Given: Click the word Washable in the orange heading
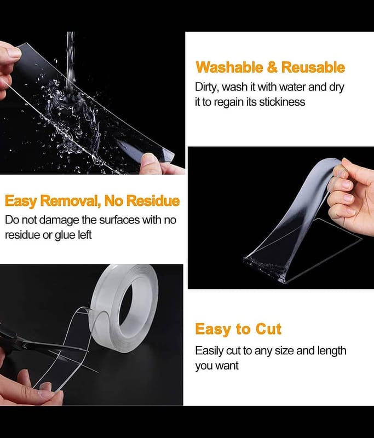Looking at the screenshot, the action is (x=229, y=67).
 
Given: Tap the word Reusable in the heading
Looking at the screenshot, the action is (x=313, y=67).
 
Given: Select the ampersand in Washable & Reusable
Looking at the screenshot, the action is (x=272, y=67).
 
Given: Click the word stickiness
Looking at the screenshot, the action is (x=282, y=102).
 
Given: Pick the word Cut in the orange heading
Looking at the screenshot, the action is (x=268, y=329).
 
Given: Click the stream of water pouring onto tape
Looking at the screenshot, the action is (x=71, y=64).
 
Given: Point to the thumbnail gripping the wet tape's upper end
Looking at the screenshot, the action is (x=15, y=52).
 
